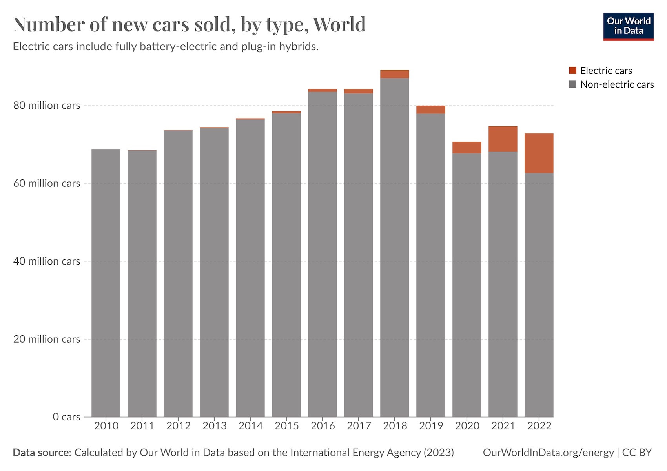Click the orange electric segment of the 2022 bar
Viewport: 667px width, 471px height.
pos(539,153)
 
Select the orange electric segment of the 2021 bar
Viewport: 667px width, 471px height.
pos(503,139)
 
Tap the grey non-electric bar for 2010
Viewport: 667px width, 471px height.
pos(106,283)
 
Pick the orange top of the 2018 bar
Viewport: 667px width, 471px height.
pos(394,74)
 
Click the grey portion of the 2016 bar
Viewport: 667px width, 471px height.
pos(322,255)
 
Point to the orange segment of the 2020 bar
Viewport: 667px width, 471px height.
pos(467,148)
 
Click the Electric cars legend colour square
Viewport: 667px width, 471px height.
pos(572,71)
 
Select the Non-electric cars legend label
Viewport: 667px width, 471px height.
pos(617,84)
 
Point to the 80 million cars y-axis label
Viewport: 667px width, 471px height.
pos(47,106)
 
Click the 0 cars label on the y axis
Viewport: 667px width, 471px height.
pos(66,417)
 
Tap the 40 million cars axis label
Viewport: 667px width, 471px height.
pos(47,261)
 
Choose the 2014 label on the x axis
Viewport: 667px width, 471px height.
pos(250,426)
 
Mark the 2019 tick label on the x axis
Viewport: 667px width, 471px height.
pos(431,426)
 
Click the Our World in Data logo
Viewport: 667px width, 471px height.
pos(629,26)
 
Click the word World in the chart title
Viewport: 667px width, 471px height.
pos(339,24)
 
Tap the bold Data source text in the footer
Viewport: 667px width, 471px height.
pos(42,453)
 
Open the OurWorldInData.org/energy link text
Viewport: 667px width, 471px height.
pos(548,453)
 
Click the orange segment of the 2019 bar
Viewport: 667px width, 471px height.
pos(430,110)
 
